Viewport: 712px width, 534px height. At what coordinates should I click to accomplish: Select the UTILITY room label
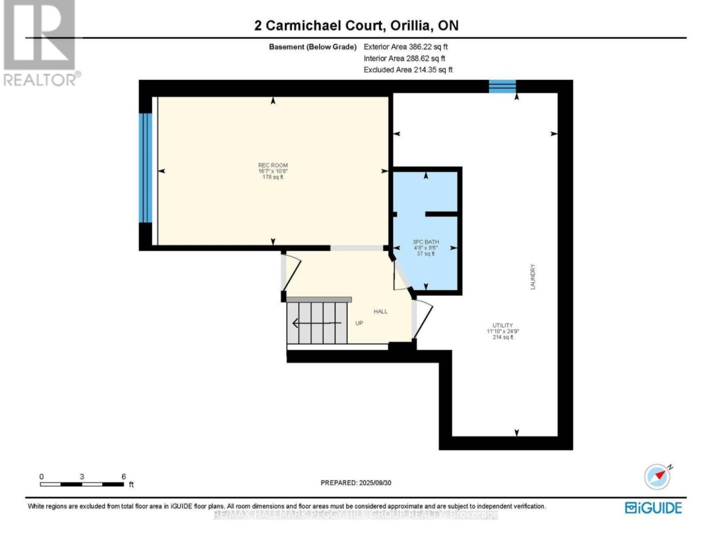coord(498,325)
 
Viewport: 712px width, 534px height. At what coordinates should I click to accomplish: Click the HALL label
coord(380,311)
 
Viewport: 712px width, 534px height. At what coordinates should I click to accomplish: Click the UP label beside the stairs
coord(359,323)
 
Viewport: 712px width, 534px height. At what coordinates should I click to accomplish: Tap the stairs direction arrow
coord(315,323)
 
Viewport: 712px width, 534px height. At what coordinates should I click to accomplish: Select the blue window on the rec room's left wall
coord(146,169)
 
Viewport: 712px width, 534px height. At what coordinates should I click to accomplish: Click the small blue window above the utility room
coord(502,86)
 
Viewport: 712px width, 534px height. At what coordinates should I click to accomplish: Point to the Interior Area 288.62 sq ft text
coord(409,59)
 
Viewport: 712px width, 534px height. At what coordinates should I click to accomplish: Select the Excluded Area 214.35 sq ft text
coord(409,69)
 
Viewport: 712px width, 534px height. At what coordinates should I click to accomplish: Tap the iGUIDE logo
coord(653,508)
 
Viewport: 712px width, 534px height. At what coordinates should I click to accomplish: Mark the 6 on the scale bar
coord(123,476)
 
